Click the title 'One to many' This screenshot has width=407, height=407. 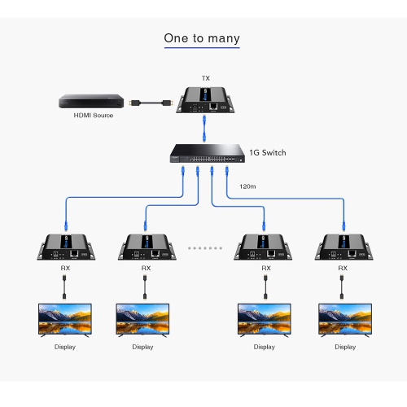202,38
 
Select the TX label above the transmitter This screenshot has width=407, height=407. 205,79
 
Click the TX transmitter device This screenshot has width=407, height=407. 206,101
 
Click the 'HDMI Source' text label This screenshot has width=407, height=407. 93,116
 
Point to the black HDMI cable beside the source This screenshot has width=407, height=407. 150,103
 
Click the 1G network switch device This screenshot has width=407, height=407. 205,153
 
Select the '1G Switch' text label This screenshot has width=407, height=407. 268,152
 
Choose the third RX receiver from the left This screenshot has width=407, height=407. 265,247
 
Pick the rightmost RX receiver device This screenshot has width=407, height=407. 343,247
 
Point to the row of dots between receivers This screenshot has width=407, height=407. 204,246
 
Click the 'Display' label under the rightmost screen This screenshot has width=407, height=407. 344,347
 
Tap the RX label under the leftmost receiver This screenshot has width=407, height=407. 65,267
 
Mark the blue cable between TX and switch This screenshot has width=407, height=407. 204,128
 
